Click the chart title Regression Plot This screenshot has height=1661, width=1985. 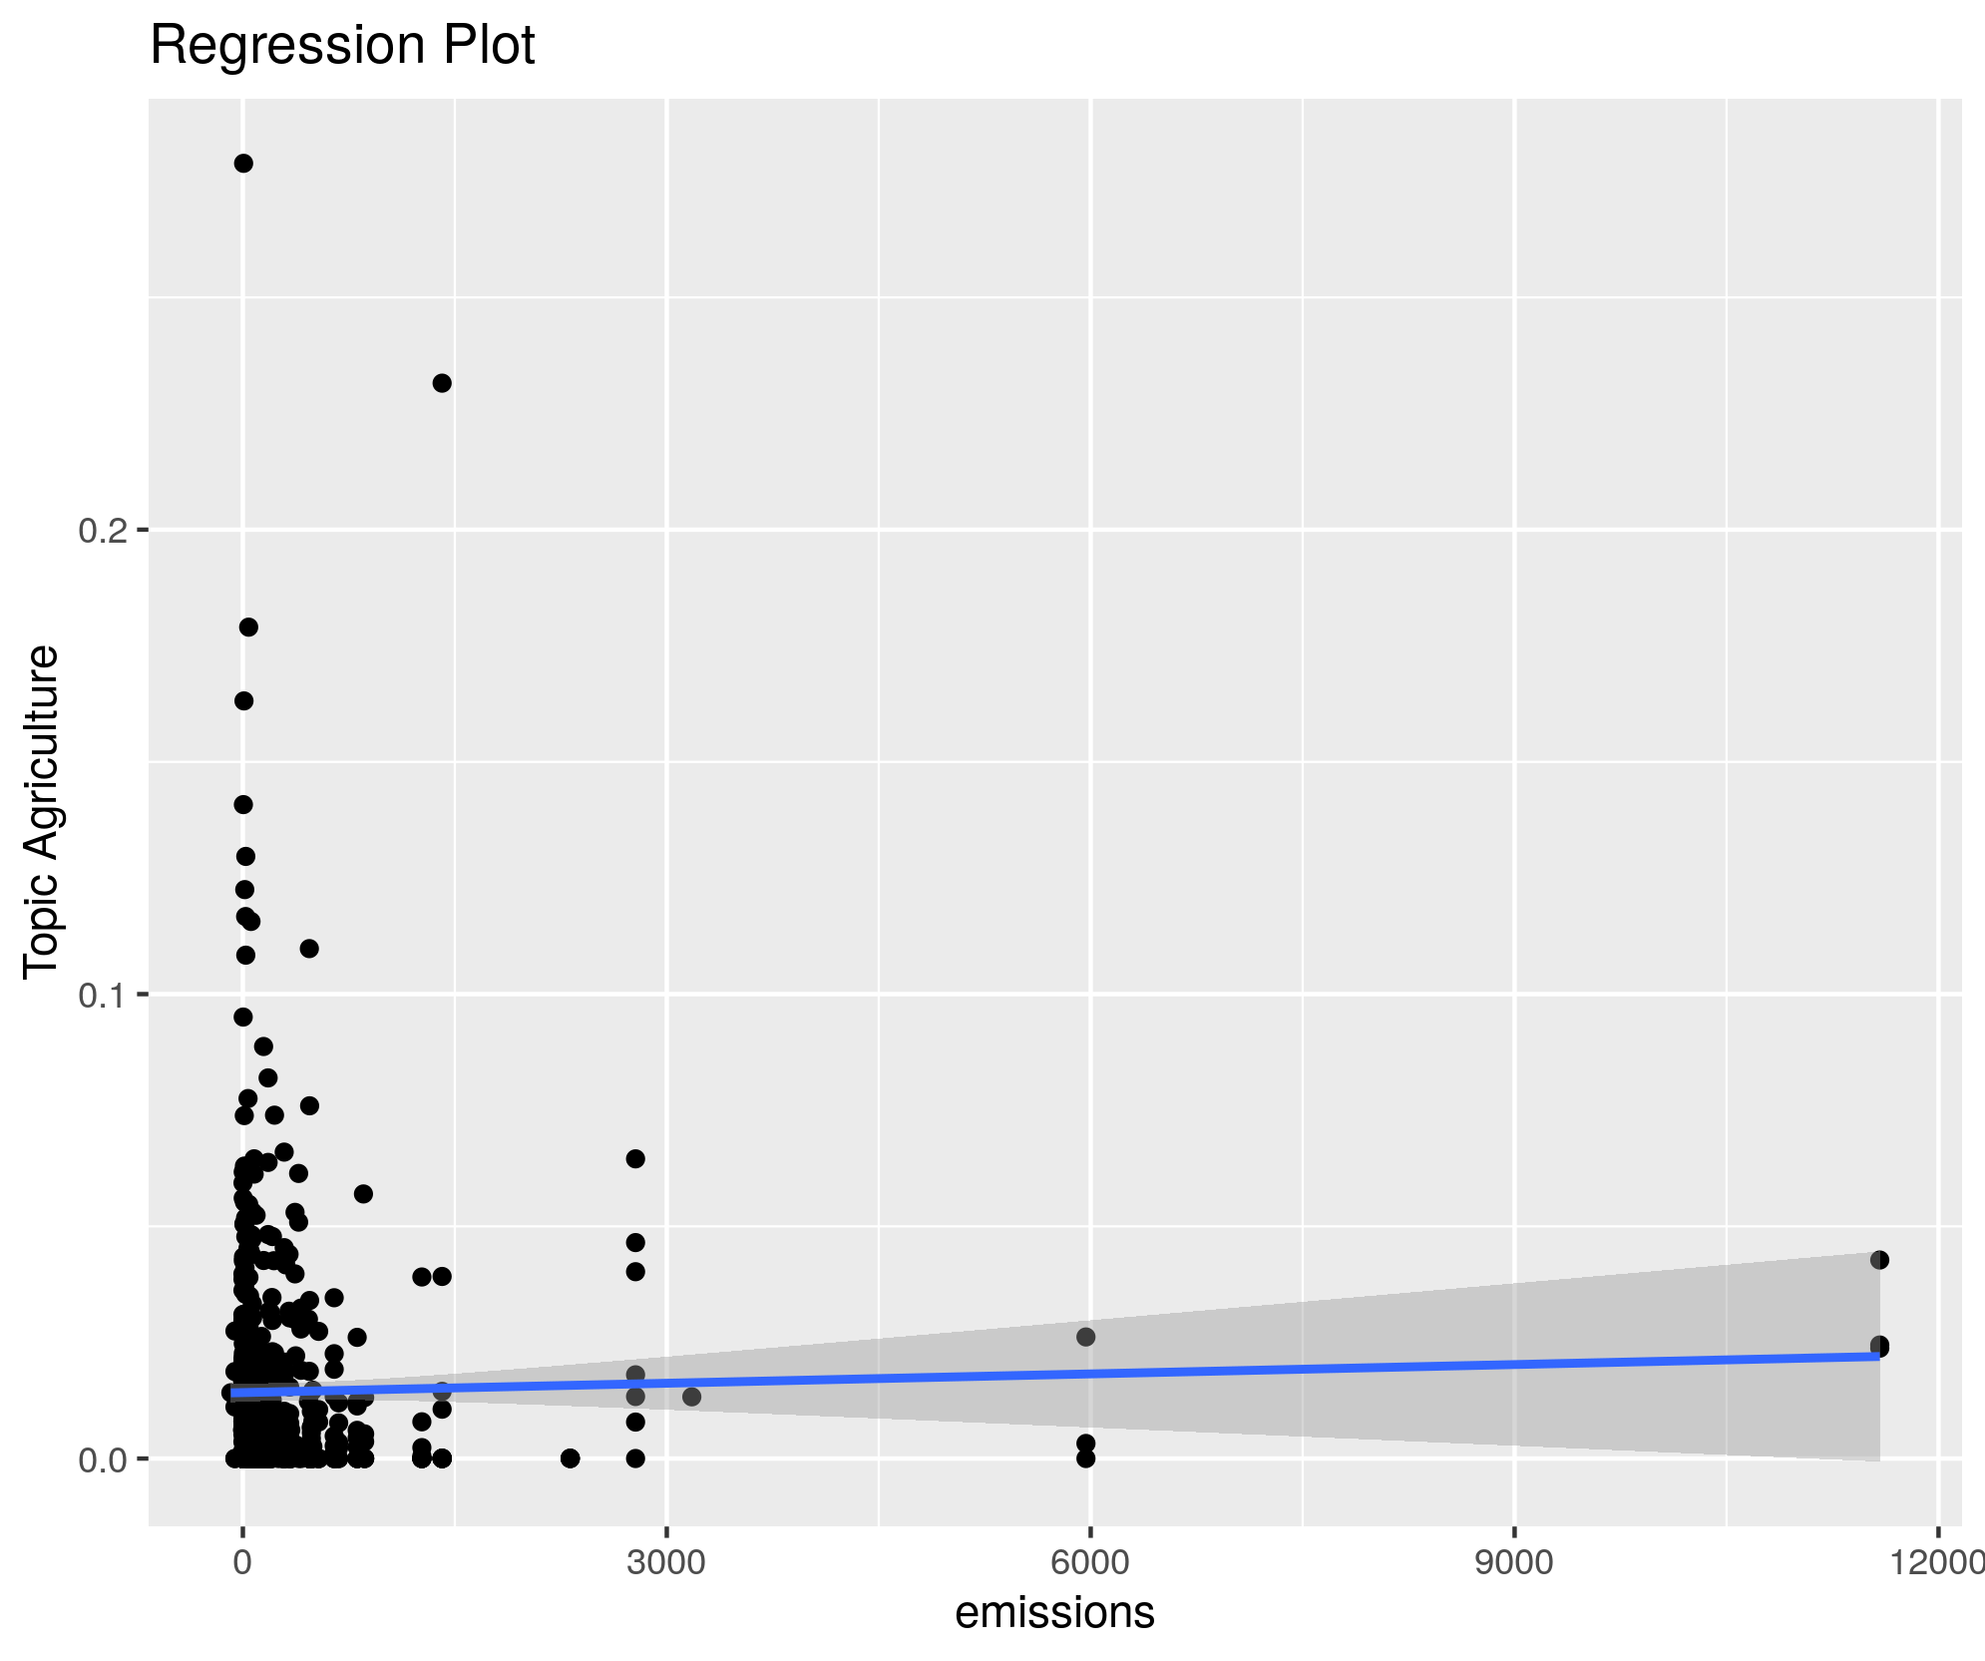click(x=342, y=46)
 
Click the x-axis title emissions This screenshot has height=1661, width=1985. click(x=1054, y=1612)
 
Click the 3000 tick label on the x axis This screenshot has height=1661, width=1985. click(x=666, y=1562)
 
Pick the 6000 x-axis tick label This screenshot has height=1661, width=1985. click(x=1090, y=1562)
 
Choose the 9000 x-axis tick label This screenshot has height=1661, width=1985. click(x=1514, y=1562)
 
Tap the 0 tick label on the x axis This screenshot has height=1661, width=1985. click(x=242, y=1562)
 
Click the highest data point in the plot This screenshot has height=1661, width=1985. click(x=243, y=164)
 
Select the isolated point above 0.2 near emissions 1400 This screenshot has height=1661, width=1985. click(x=442, y=383)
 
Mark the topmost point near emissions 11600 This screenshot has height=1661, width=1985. click(x=1879, y=1260)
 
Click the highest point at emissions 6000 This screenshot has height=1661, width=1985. click(x=1086, y=1337)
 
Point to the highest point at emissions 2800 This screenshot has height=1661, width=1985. click(x=635, y=1158)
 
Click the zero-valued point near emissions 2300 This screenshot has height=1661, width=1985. click(x=570, y=1458)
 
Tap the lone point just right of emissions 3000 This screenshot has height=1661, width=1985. click(x=691, y=1397)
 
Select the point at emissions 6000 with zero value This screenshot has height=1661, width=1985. click(x=1086, y=1458)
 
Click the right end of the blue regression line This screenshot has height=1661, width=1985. click(x=1877, y=1356)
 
